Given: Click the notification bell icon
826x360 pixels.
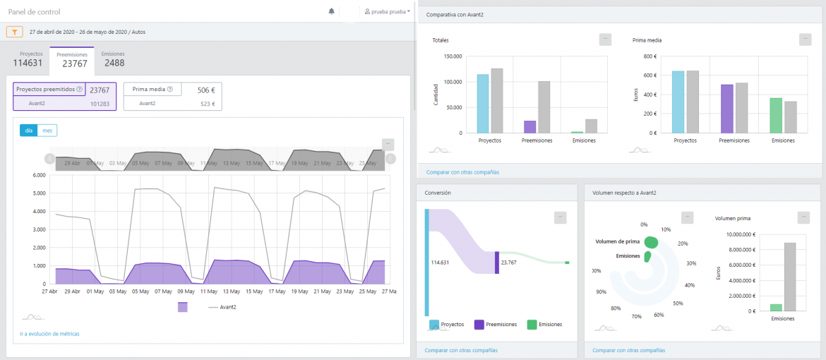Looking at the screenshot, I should [332, 11].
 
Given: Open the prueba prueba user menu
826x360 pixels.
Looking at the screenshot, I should [388, 12].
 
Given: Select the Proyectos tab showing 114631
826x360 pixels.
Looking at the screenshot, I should [28, 59].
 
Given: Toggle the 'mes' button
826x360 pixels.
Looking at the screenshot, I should [47, 131].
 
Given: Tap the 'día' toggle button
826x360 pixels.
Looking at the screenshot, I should [28, 131].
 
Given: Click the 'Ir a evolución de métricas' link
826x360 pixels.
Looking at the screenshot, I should [50, 333].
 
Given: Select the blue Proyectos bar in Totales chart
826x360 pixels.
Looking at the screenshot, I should [483, 103].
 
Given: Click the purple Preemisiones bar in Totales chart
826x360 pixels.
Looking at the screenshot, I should [529, 126].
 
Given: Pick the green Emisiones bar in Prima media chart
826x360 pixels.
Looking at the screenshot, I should [776, 115].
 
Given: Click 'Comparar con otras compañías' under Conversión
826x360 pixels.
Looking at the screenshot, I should [461, 350].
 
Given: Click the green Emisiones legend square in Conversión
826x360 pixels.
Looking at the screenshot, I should [532, 324].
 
